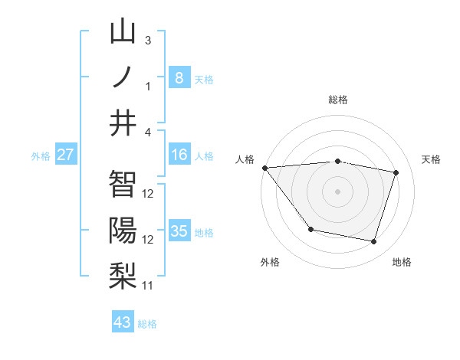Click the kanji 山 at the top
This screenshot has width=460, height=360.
click(123, 32)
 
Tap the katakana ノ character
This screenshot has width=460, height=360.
click(123, 77)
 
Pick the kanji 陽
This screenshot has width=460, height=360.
click(123, 231)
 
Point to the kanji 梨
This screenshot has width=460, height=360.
click(123, 276)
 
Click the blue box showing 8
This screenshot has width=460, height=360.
click(179, 77)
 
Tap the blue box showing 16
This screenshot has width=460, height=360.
click(179, 155)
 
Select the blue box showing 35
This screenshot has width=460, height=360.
click(179, 231)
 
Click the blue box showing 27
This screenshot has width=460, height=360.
click(66, 155)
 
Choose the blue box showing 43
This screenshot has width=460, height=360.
click(123, 322)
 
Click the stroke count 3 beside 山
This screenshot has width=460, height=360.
click(148, 40)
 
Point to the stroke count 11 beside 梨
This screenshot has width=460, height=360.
click(148, 285)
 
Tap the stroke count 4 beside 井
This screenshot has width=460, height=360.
click(148, 132)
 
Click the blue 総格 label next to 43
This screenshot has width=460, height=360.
click(148, 324)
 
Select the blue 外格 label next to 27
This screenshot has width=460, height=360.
click(41, 156)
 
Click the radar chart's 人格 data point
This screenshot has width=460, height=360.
click(264, 168)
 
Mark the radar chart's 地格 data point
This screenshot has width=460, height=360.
click(373, 242)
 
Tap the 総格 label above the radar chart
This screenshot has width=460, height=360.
click(337, 100)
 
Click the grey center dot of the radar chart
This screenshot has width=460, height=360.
click(337, 191)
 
